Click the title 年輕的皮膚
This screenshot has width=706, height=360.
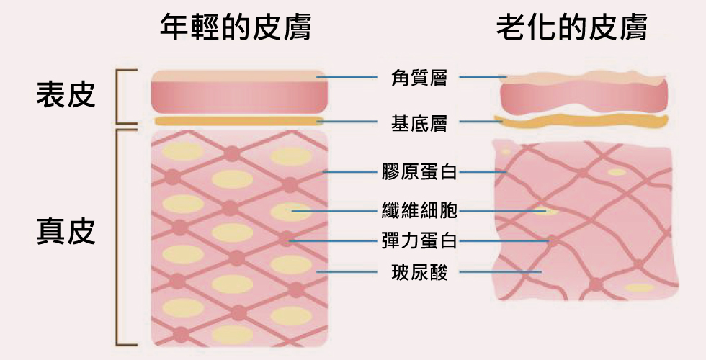[236, 27]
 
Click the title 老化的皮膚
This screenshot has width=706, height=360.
[572, 27]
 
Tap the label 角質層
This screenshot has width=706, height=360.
[419, 78]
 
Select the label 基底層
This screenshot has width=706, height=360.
[419, 122]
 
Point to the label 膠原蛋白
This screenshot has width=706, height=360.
[419, 172]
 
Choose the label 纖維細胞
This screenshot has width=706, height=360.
[419, 210]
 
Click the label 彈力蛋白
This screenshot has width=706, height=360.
[419, 241]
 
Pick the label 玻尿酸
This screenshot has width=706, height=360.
[419, 272]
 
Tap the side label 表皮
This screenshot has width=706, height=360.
[66, 95]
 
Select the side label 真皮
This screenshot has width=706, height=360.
[66, 232]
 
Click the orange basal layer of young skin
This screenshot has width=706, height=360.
[239, 121]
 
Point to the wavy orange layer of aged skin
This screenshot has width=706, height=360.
[581, 122]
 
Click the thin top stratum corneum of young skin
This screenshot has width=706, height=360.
[239, 76]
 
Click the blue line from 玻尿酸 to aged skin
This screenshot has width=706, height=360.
[501, 272]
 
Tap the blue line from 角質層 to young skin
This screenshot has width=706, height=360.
[347, 78]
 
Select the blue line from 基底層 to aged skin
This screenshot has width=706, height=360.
[481, 122]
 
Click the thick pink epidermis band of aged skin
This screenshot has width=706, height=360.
[584, 97]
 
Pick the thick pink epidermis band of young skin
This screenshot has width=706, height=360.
[239, 98]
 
